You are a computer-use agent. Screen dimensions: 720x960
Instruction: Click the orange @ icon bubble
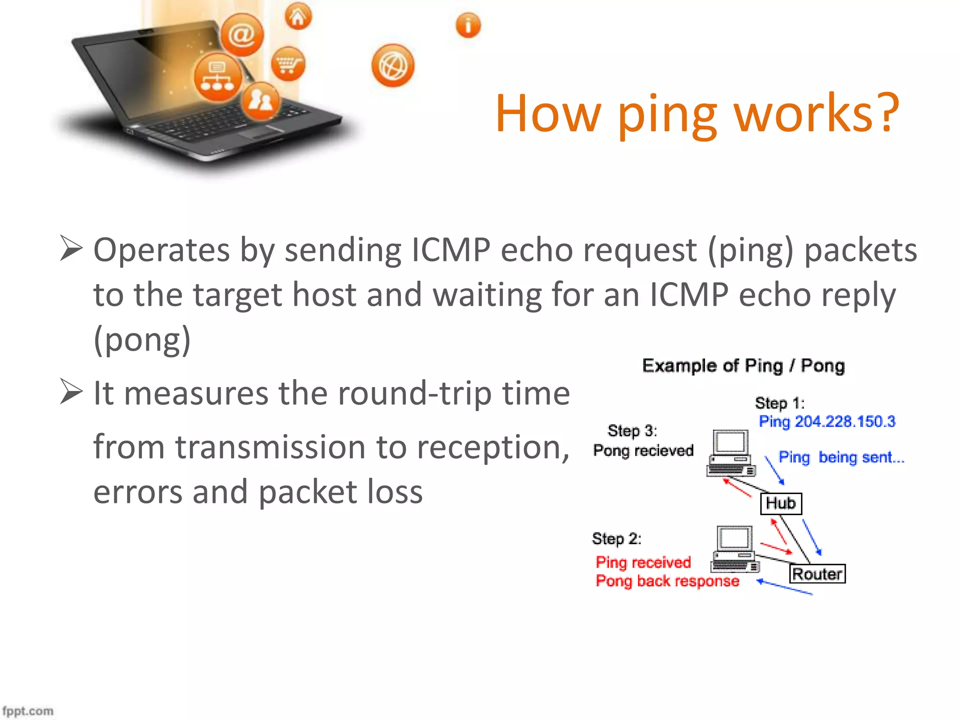coord(242,35)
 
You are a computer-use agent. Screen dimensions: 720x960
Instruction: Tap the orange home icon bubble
coord(298,17)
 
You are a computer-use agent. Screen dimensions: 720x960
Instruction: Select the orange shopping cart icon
coord(288,64)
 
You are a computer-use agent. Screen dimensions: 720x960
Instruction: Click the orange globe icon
coord(393,66)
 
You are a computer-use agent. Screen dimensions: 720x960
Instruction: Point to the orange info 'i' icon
coord(468,25)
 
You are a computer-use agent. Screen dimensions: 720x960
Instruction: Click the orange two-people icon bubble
coord(261,100)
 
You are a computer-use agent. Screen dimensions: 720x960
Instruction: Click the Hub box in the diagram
coord(780,503)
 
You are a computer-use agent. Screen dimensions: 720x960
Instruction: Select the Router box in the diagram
coord(817,574)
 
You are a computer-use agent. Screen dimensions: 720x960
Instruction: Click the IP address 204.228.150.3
coord(845,421)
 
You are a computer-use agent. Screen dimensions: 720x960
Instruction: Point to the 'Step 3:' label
coord(632,430)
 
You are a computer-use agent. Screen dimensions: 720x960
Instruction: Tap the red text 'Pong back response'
coord(667,581)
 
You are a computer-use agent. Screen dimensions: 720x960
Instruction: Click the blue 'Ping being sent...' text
coord(841,457)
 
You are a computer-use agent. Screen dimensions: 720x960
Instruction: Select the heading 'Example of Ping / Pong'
coord(743,366)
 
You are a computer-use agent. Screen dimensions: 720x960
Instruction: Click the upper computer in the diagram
coord(731,453)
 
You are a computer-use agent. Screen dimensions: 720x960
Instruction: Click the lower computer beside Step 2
coord(735,548)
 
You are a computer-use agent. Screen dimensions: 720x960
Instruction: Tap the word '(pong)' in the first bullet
coord(142,339)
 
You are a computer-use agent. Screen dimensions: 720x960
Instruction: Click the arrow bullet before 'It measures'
coord(71,392)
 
